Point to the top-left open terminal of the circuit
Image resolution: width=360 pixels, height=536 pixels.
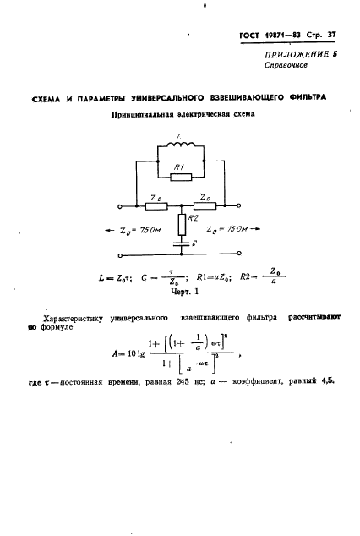point(120,205)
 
